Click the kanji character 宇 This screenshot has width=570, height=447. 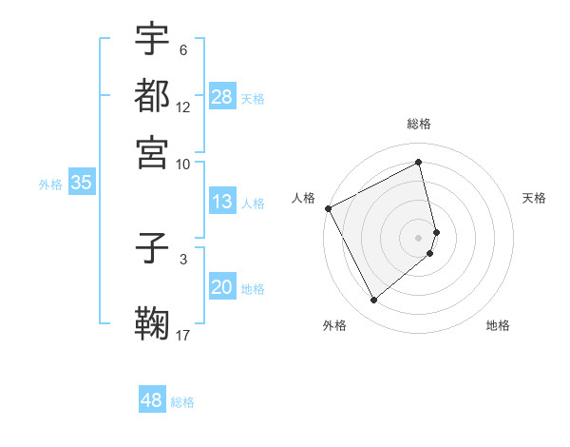(152, 39)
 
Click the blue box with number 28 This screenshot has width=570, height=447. (222, 97)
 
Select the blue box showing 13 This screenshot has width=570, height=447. (222, 202)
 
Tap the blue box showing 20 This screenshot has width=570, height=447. (222, 288)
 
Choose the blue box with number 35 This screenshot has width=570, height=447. (81, 184)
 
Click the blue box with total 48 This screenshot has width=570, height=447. (152, 400)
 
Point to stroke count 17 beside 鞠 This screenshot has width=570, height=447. (183, 334)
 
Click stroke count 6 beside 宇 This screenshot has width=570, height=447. (183, 50)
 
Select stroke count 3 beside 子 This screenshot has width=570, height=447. (183, 258)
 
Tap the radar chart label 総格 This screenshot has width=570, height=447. (419, 124)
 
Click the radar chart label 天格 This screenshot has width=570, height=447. (535, 198)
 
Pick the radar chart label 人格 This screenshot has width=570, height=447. (303, 198)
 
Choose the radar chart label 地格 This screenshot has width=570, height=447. (498, 325)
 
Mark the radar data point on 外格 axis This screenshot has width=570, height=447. (373, 301)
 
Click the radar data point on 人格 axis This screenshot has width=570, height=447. (328, 208)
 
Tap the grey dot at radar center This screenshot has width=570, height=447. (419, 237)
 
